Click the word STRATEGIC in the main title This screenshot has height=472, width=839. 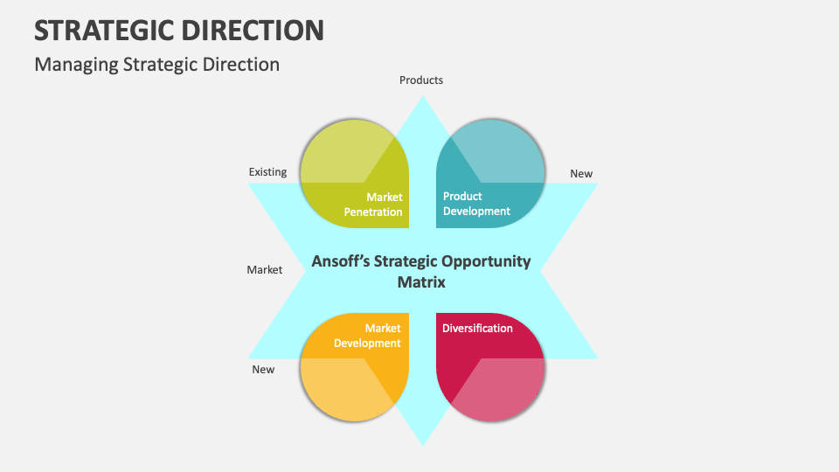point(101,31)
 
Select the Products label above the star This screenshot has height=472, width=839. point(421,80)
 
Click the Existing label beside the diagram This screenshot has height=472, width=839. point(267,172)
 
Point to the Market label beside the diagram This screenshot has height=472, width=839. point(264,270)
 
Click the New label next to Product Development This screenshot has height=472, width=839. point(581,174)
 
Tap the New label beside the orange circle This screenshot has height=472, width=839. point(263,370)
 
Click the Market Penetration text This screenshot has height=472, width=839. point(373,205)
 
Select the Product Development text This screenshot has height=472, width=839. point(476,204)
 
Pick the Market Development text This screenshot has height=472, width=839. point(368,336)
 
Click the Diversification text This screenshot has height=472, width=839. point(477,329)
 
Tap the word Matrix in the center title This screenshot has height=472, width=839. point(421,282)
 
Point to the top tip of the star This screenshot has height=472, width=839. point(423,101)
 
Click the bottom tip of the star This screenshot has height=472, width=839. point(423,442)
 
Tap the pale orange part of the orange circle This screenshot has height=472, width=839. point(341,389)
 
